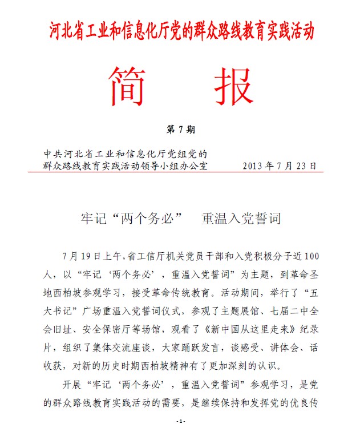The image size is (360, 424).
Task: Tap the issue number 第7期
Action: [180, 130]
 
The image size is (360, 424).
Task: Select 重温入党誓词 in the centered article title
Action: [240, 219]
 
